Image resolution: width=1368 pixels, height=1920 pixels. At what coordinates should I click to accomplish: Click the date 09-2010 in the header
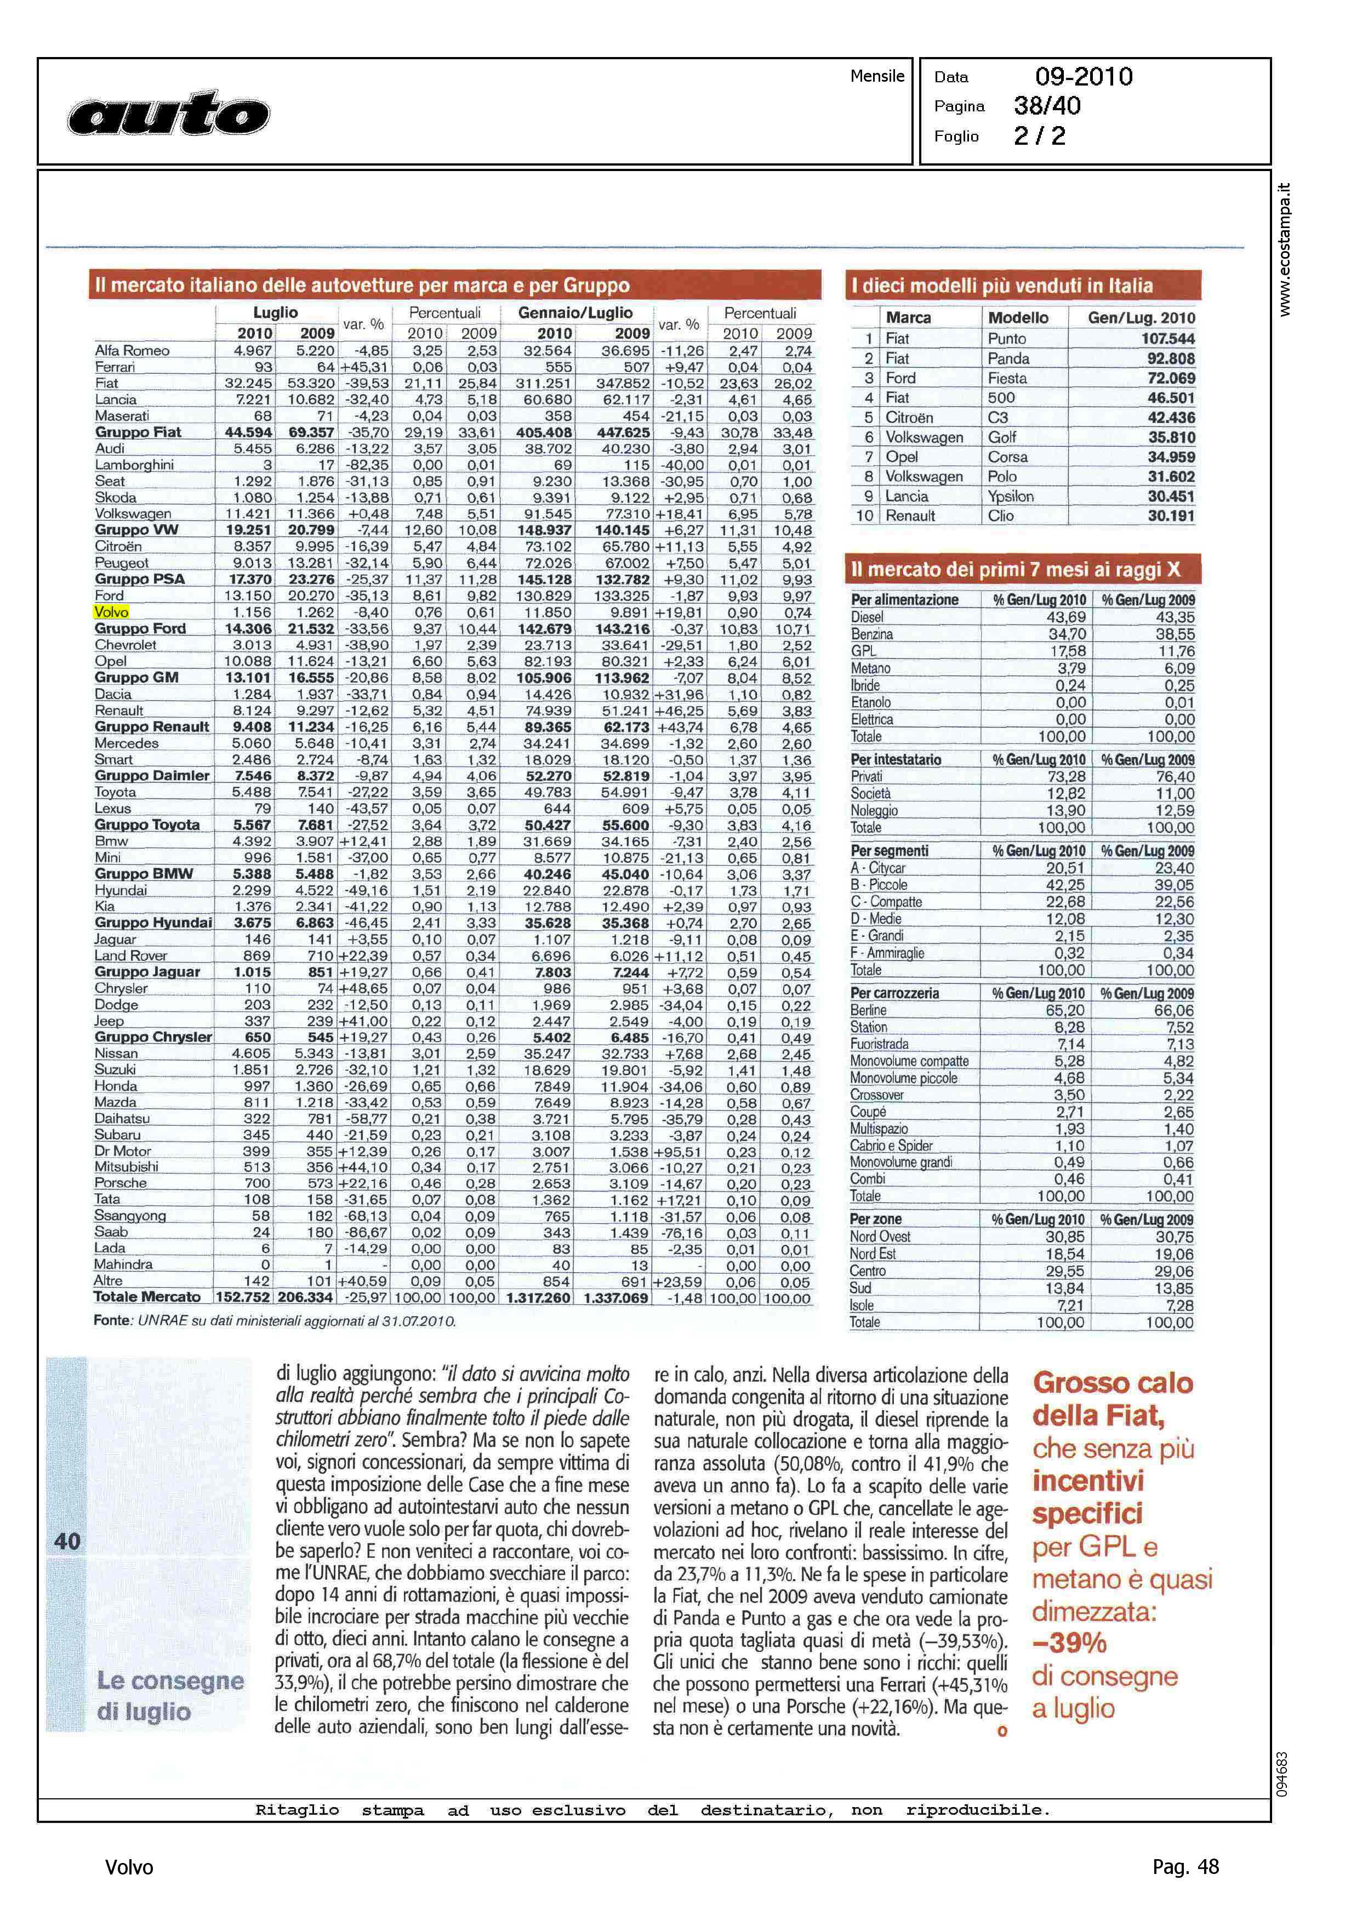1084,77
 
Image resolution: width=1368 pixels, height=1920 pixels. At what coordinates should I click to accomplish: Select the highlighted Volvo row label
111,612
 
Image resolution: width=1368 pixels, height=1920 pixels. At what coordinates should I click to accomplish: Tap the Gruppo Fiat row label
138,432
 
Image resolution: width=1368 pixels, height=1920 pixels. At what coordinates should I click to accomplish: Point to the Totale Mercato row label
147,1297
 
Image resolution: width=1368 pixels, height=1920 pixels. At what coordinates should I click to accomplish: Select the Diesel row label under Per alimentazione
868,617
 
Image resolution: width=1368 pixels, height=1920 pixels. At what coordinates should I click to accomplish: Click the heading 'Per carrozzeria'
894,993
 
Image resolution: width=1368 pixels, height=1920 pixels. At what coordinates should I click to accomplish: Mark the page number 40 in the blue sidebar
67,1542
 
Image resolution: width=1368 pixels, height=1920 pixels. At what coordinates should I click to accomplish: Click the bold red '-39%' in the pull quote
1069,1642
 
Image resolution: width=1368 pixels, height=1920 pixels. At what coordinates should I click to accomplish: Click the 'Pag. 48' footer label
1185,1867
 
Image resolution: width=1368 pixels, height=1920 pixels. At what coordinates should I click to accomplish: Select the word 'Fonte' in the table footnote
112,1321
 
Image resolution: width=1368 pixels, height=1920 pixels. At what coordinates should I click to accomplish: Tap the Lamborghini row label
134,465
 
